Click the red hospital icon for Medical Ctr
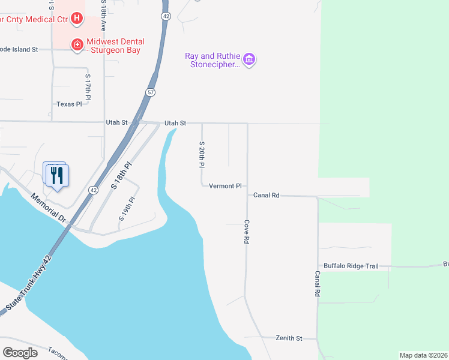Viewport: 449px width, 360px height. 77,19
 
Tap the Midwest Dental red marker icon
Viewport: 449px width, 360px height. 77,45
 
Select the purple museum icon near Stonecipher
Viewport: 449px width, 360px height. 249,59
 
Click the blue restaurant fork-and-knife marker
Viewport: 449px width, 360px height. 58,175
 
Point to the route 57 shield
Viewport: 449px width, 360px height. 150,92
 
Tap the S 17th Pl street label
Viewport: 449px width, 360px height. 88,87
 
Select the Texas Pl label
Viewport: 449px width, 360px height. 69,104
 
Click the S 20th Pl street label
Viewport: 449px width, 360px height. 202,154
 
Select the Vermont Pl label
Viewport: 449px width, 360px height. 225,186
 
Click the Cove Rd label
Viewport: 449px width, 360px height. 246,231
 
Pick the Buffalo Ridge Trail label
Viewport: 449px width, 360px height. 351,266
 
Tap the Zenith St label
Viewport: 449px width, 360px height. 289,338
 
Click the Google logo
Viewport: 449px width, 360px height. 20,353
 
